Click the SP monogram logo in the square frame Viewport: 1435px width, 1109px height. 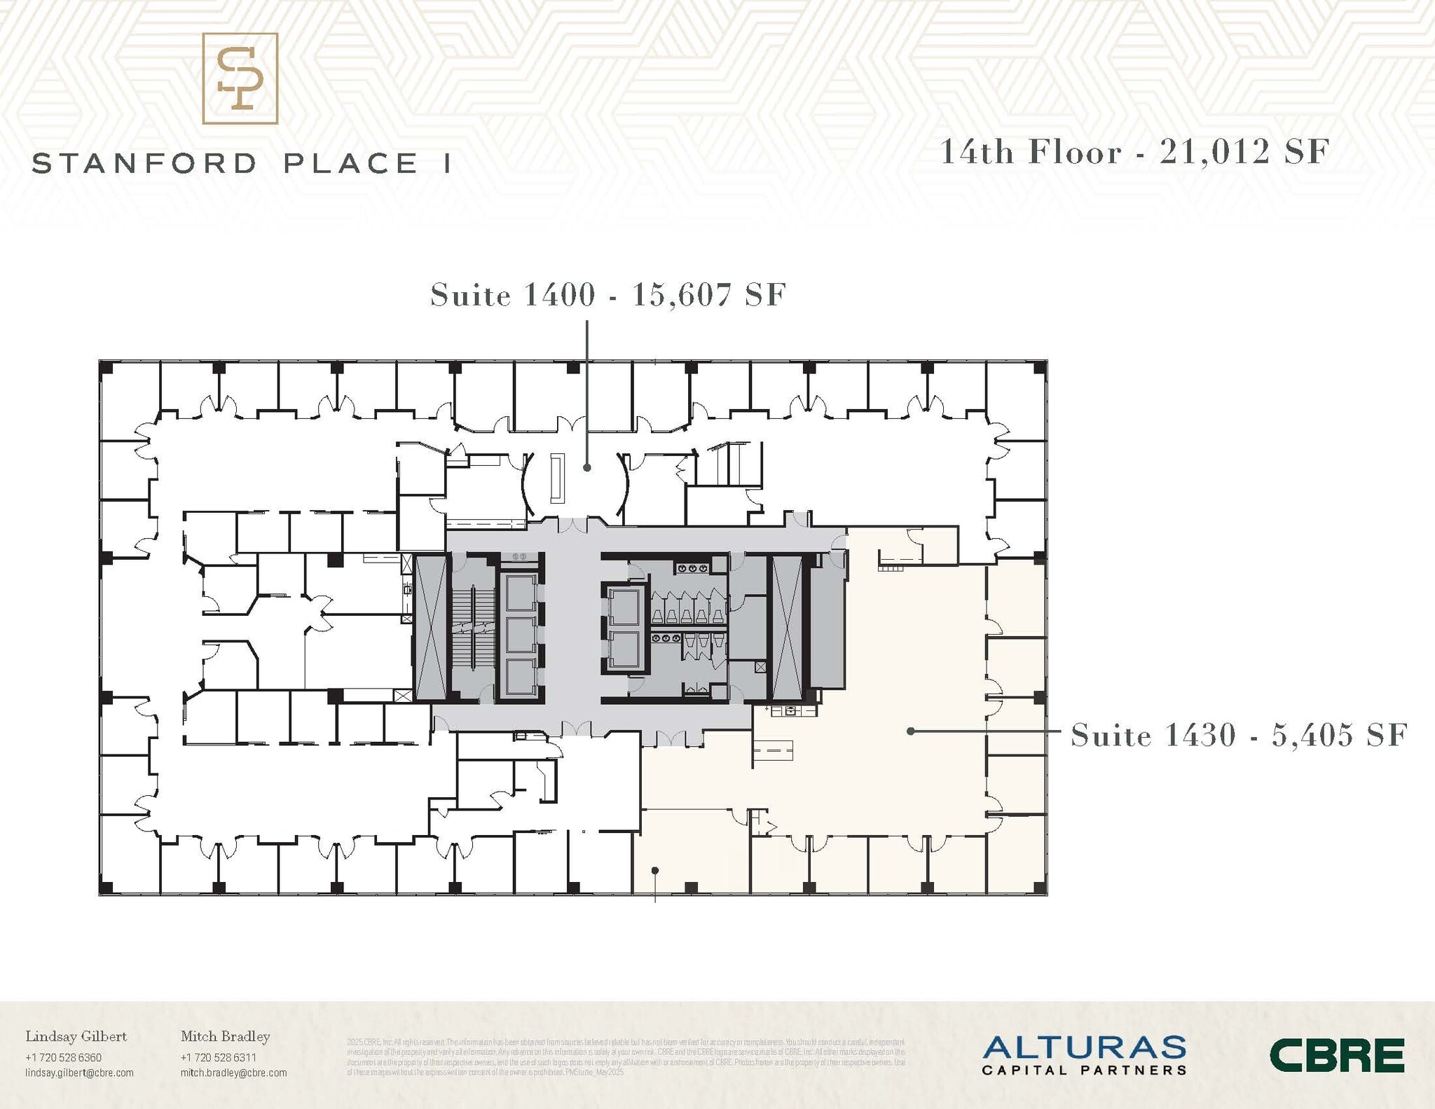(240, 78)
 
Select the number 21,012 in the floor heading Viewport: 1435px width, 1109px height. (1214, 152)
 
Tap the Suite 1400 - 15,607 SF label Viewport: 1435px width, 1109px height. (607, 295)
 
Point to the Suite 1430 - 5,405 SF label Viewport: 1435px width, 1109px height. (1238, 735)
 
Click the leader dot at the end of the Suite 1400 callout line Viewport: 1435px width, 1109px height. (587, 467)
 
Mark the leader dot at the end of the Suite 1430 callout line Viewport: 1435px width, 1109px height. (910, 731)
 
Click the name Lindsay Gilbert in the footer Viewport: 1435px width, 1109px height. (76, 1036)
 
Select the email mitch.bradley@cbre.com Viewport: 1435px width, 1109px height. (233, 1073)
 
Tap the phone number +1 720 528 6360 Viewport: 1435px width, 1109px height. (63, 1057)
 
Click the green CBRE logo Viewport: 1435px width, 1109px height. (1337, 1055)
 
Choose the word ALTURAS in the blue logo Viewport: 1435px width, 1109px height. (1083, 1048)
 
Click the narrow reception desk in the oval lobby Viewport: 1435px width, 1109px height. (557, 478)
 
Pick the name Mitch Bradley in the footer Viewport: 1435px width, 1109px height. (225, 1036)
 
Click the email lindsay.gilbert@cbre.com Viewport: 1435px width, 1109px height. (79, 1073)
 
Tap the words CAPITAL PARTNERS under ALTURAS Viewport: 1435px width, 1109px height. (1083, 1070)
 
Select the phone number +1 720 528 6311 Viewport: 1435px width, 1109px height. (218, 1057)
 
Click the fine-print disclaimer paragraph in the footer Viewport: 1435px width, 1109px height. (626, 1057)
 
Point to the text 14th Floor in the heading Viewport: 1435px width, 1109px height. (1031, 152)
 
